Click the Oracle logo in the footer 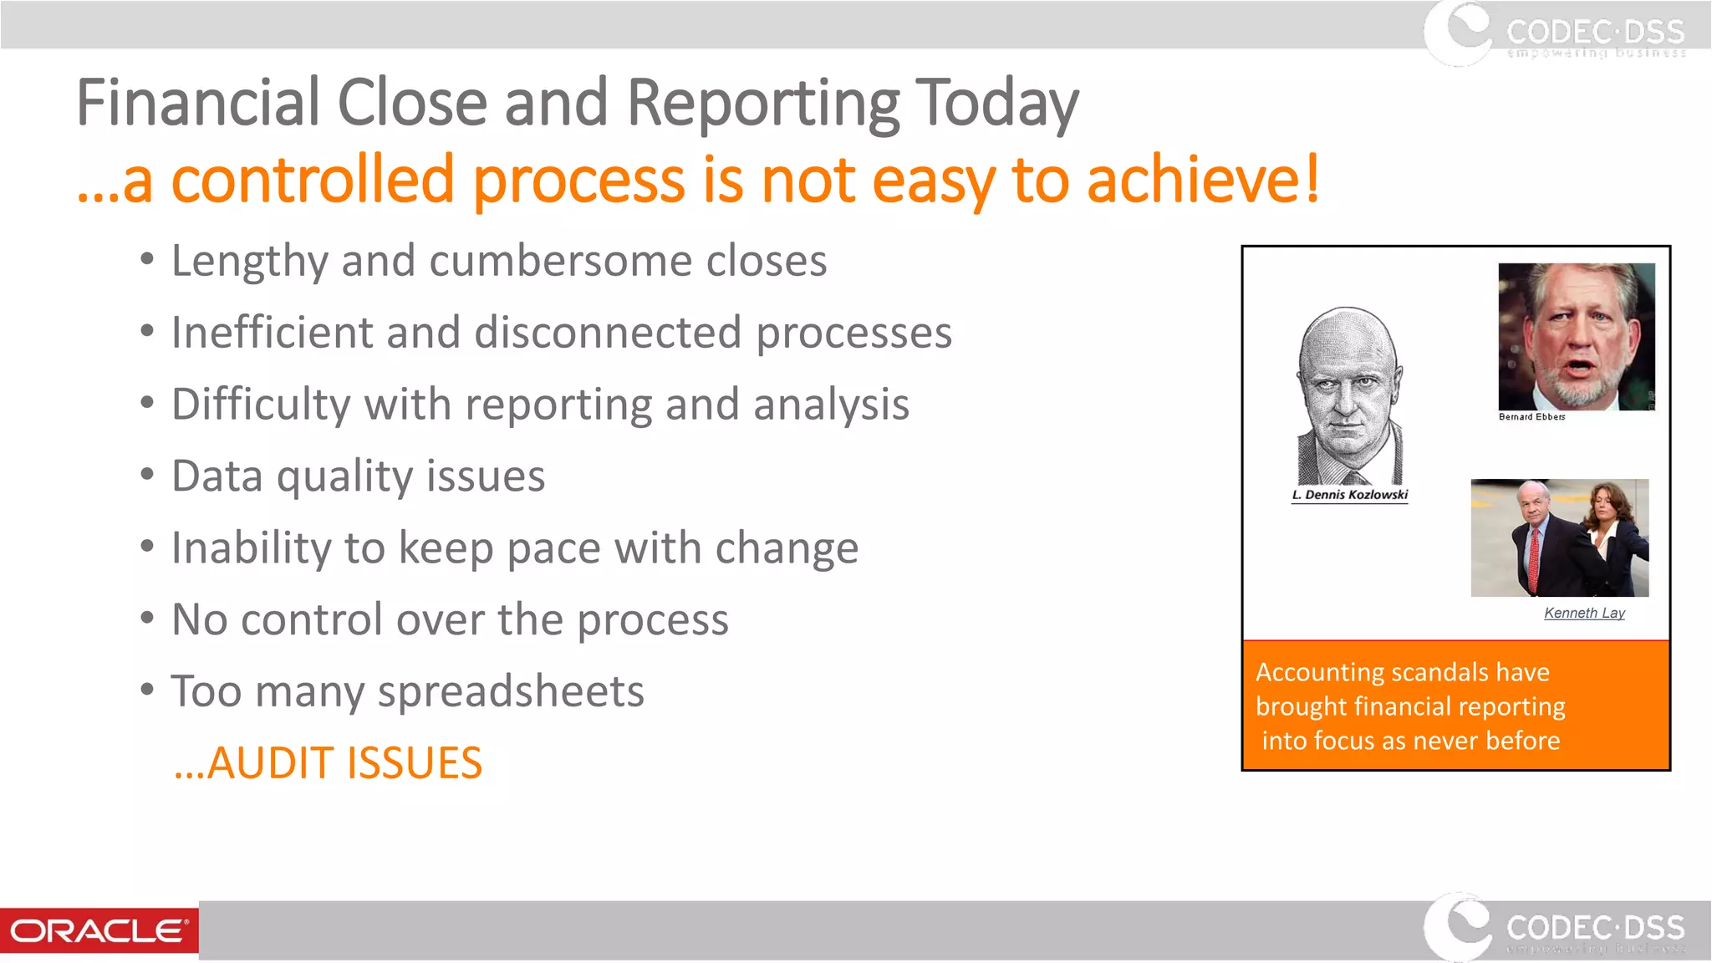99,930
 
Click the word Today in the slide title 996,104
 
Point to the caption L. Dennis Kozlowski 1349,495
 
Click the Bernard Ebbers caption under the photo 1531,416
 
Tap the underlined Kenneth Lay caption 1584,613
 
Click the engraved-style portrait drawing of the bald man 1348,397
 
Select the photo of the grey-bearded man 1576,336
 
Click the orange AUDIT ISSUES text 328,763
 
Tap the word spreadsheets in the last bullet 511,692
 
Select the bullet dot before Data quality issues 147,475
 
